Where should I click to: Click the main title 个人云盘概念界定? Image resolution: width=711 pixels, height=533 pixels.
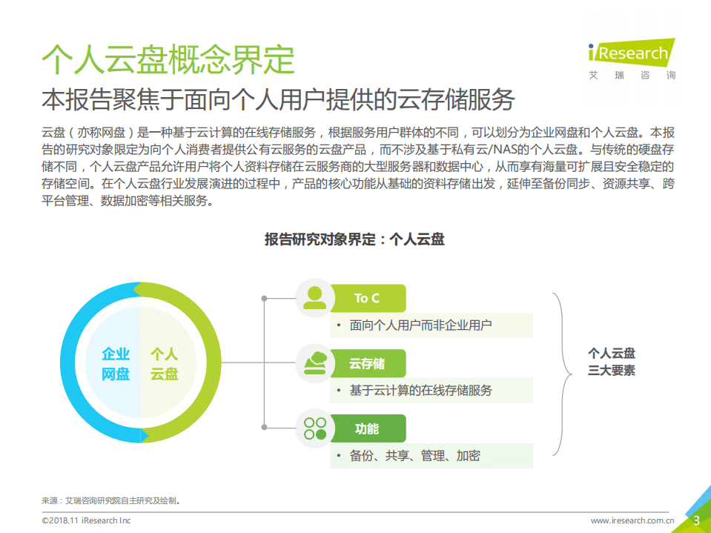[168, 59]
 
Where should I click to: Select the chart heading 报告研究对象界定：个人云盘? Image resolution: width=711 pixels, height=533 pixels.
[354, 239]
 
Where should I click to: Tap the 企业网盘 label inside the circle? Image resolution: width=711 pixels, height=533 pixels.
[116, 364]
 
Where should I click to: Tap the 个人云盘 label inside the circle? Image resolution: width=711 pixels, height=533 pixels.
[165, 364]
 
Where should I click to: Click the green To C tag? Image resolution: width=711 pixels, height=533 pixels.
[367, 298]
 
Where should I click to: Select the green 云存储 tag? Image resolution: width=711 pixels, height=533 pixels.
[367, 363]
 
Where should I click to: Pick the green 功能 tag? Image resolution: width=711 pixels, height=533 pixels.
[367, 428]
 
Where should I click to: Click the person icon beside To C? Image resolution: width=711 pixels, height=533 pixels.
[315, 298]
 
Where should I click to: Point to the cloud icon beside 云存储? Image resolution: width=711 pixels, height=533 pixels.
[315, 363]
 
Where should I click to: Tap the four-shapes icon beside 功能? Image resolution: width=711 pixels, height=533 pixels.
[315, 428]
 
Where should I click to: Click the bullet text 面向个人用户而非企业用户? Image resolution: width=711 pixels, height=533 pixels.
[420, 325]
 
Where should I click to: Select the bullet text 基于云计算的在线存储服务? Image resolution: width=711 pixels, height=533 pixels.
[420, 390]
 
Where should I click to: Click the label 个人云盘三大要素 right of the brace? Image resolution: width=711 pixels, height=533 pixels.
[612, 362]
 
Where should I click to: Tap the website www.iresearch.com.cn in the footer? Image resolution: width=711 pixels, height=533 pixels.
[632, 521]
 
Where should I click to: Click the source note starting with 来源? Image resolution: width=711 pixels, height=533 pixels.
[111, 500]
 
